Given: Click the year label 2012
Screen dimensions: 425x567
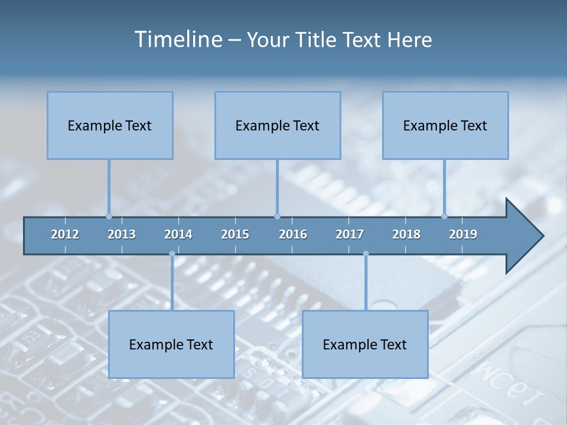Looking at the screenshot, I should click(x=65, y=234).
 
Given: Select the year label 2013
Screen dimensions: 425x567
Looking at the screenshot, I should click(x=122, y=234).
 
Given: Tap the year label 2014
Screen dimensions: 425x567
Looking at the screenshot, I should click(x=178, y=234).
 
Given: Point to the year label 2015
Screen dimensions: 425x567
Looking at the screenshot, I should click(x=235, y=234).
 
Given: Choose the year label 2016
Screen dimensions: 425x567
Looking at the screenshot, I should click(x=293, y=234).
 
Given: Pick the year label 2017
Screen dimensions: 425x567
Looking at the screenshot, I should click(x=350, y=234).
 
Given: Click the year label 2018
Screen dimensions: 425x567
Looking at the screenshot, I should click(x=406, y=234).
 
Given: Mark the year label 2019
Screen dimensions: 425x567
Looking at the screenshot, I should click(x=463, y=234).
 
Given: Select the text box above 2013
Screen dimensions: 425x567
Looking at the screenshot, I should click(x=110, y=125).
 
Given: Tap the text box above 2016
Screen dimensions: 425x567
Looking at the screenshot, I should click(x=278, y=125).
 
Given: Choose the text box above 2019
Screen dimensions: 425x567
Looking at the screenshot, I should click(x=445, y=125).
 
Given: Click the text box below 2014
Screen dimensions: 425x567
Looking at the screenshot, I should click(x=171, y=344).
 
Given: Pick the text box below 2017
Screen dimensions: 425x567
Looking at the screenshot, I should click(x=365, y=344).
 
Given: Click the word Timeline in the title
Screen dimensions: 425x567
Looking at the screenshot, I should click(x=178, y=40).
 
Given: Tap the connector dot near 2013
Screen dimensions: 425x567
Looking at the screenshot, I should click(x=109, y=216).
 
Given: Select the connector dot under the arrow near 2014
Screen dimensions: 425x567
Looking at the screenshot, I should click(x=172, y=254).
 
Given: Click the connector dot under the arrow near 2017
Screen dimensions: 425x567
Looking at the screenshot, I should click(x=366, y=254).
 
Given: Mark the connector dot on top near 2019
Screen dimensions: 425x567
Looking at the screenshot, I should click(x=444, y=216).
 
